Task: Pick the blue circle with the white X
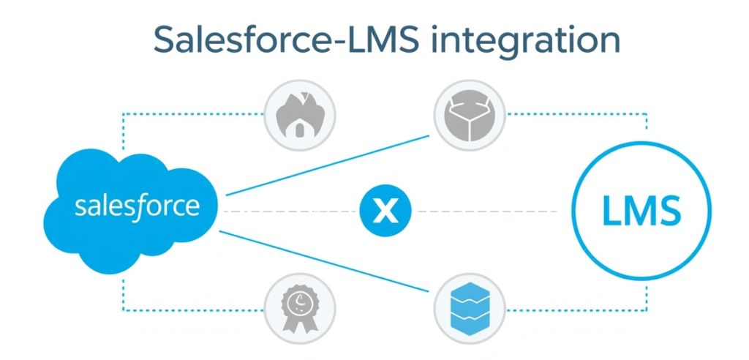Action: [x=385, y=211]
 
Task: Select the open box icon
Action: [x=468, y=115]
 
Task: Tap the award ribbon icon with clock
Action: [x=298, y=307]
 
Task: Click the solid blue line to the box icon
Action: [x=329, y=165]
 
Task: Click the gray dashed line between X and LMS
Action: [x=490, y=211]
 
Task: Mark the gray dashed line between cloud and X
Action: [x=293, y=211]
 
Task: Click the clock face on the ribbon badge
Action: [x=298, y=301]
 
